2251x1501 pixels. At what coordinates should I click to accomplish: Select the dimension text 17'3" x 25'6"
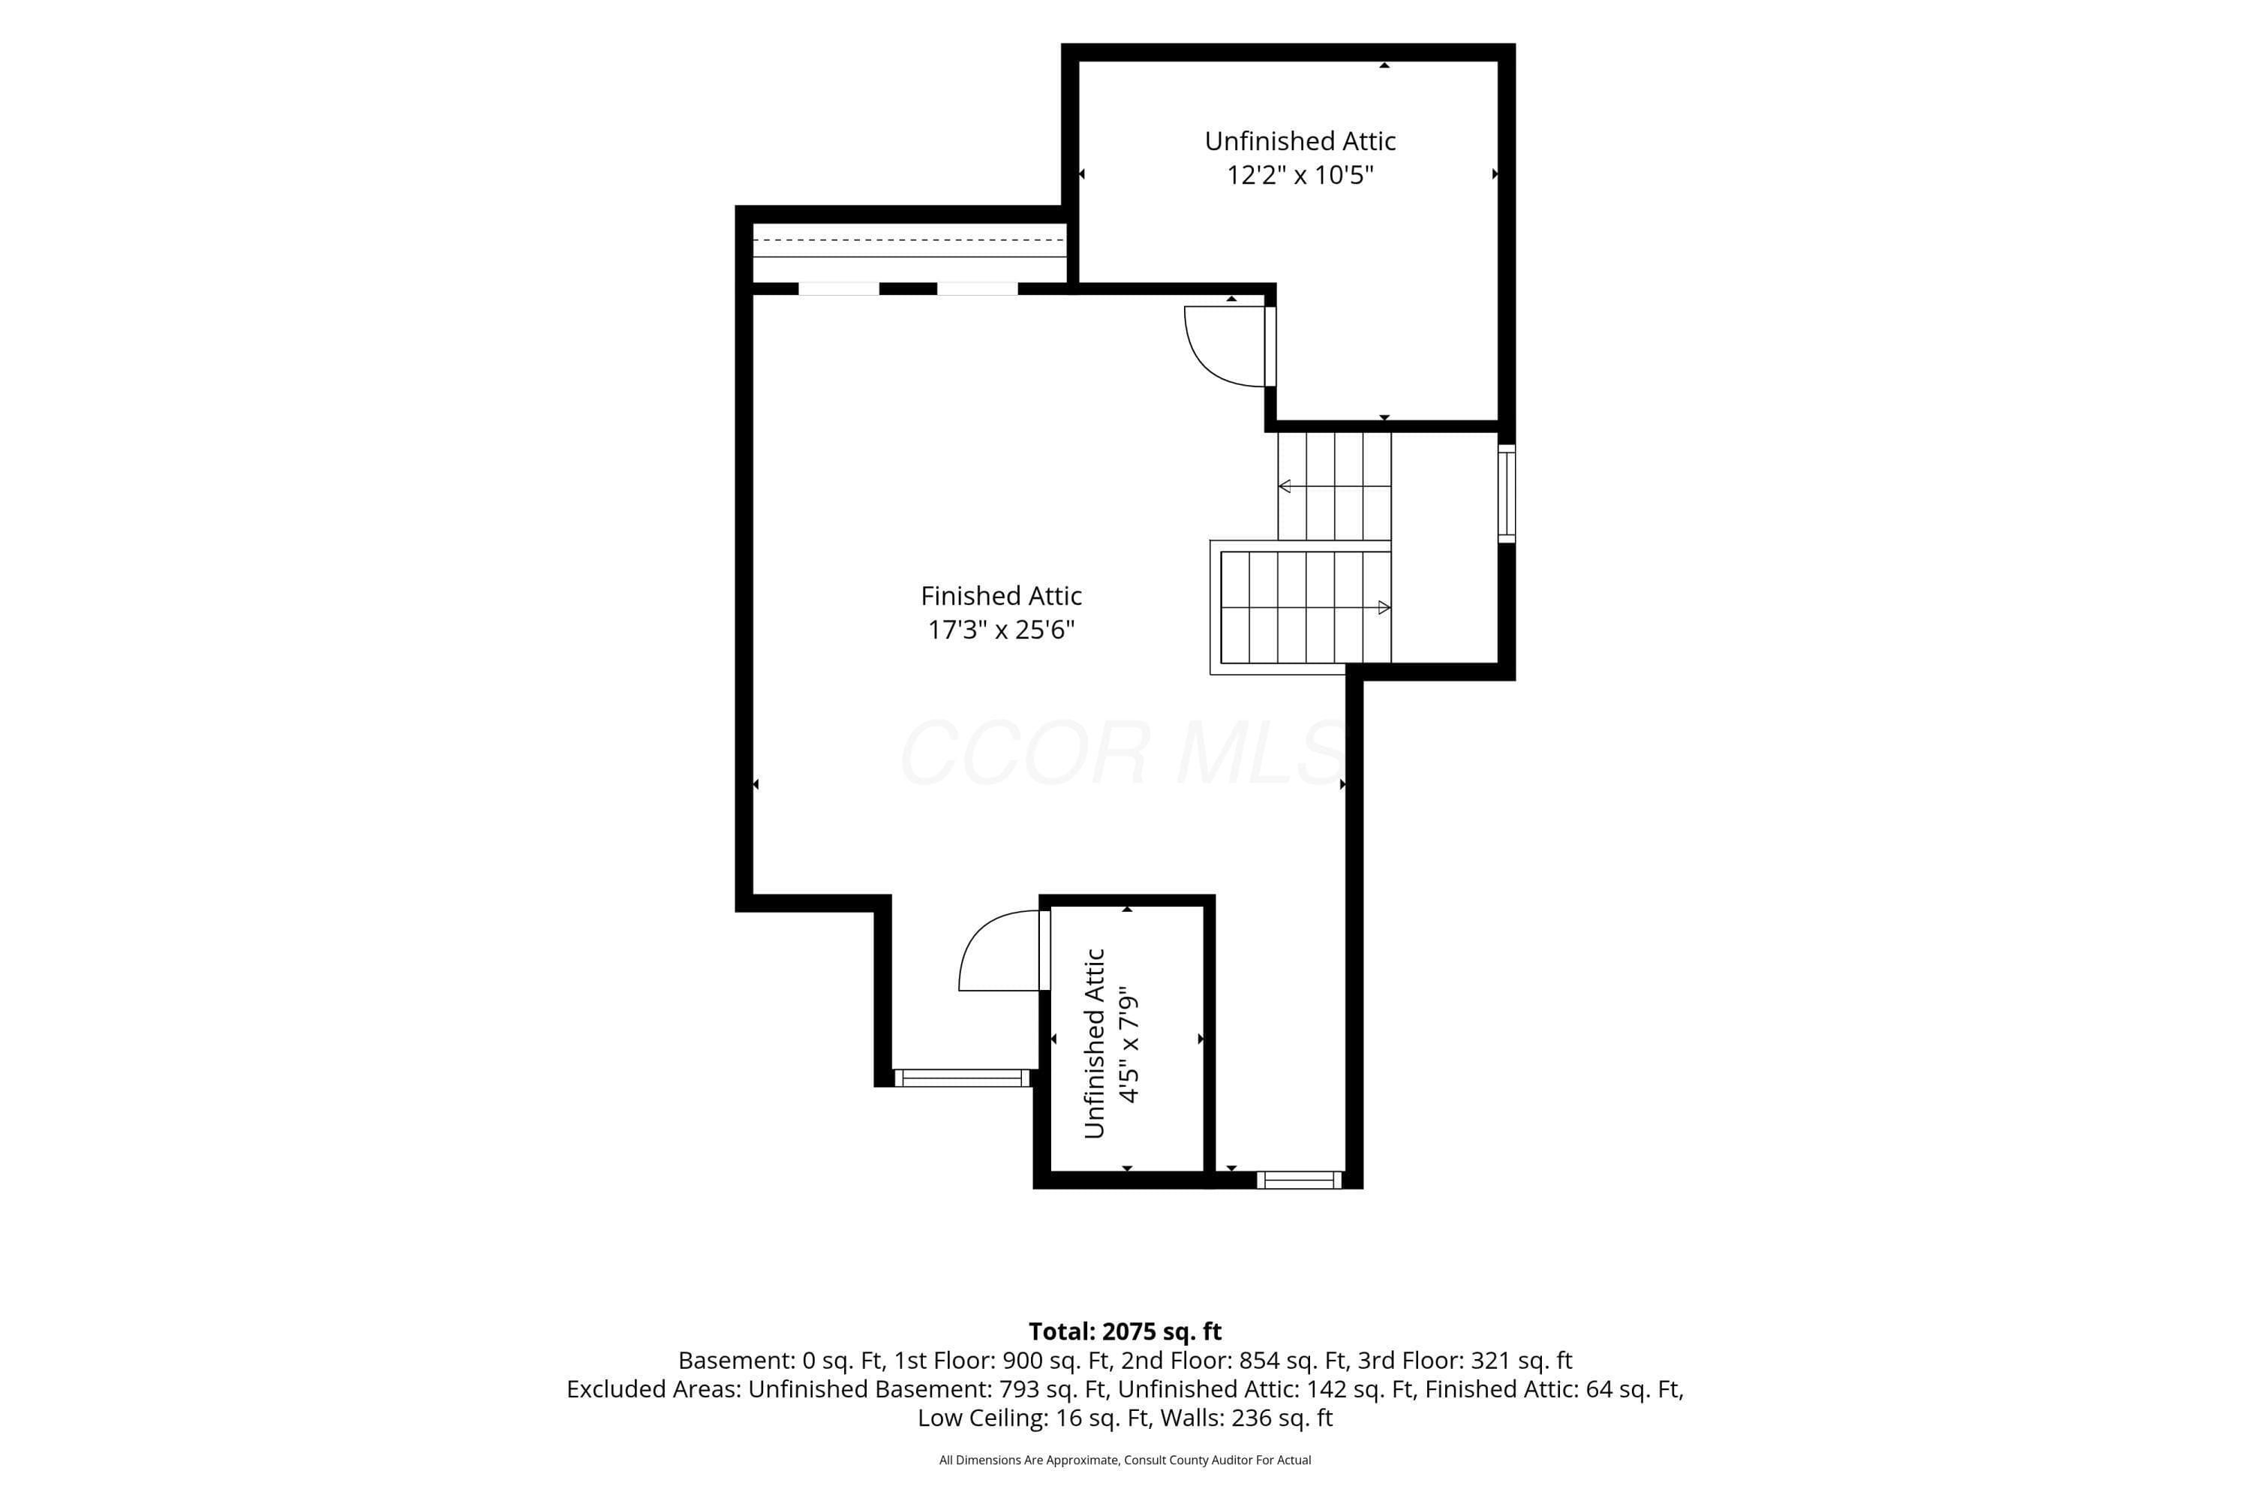(x=1001, y=630)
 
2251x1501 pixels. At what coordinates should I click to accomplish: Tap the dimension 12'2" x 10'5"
(x=1300, y=175)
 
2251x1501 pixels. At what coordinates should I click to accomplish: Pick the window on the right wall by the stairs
(x=1507, y=493)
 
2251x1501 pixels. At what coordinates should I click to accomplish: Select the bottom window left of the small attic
(x=962, y=1078)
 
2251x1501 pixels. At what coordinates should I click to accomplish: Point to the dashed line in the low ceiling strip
(x=909, y=240)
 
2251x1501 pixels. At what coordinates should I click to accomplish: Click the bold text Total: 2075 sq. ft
(x=1125, y=1331)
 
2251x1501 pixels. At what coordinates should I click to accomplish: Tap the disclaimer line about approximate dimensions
(x=1125, y=1460)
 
